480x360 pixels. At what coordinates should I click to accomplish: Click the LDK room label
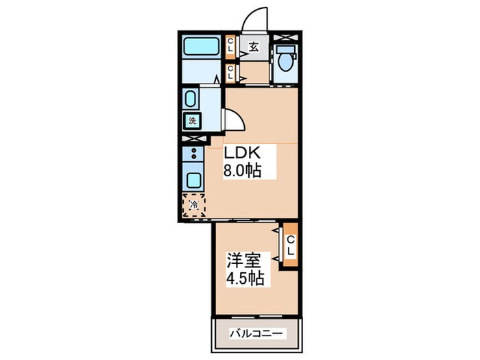point(242,153)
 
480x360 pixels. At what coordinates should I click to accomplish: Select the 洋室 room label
point(244,261)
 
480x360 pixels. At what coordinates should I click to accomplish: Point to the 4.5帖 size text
point(245,278)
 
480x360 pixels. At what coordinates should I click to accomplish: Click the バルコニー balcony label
point(256,333)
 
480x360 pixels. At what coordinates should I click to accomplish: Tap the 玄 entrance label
point(254,47)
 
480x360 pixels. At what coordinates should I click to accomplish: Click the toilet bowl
point(286,58)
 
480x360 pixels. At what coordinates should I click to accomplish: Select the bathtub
point(202,47)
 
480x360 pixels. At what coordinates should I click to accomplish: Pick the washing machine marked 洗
point(192,121)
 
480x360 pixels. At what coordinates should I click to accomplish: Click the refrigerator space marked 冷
point(193,205)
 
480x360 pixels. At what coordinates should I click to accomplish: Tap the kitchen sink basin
point(193,180)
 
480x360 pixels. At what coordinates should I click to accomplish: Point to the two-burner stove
point(193,154)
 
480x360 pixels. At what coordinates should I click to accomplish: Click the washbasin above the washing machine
point(191,99)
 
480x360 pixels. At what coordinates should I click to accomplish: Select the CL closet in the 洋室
point(291,245)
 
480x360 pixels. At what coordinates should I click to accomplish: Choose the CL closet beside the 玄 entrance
point(230,47)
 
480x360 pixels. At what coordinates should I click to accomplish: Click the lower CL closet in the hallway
point(230,73)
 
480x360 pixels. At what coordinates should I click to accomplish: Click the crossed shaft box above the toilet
point(285,38)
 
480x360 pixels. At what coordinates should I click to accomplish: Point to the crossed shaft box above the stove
point(193,139)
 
